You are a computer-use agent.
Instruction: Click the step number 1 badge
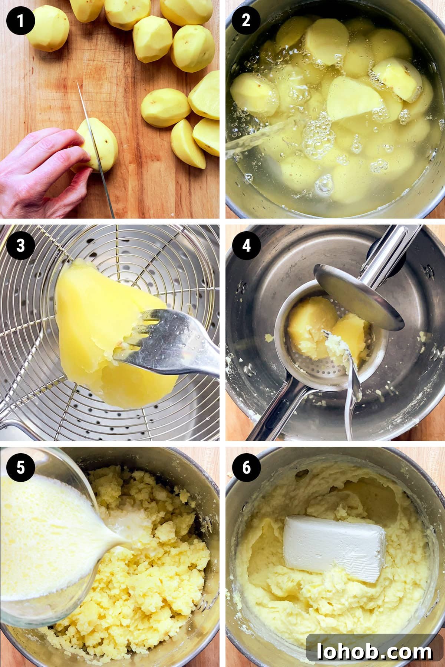tap(20, 20)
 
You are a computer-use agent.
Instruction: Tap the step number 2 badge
tap(246, 20)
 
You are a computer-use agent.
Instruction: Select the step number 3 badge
tap(20, 245)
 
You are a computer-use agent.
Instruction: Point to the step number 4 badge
tap(247, 245)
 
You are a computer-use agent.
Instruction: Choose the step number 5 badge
tap(20, 467)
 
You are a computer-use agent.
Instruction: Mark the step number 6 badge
tap(247, 467)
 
